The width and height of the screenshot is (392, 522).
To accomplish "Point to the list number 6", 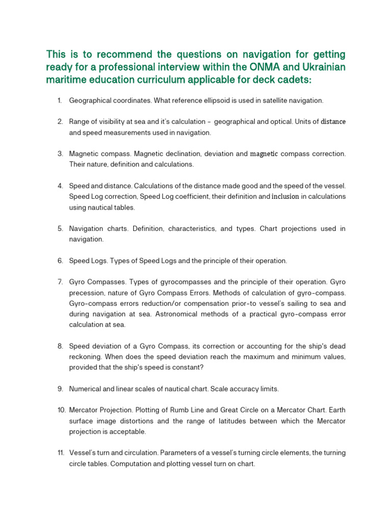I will (x=60, y=260).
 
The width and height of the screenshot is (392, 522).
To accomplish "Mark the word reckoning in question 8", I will (x=85, y=357).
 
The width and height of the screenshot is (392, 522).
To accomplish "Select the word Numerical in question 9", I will (x=85, y=389).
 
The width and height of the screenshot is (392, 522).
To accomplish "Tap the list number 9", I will (x=60, y=389).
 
